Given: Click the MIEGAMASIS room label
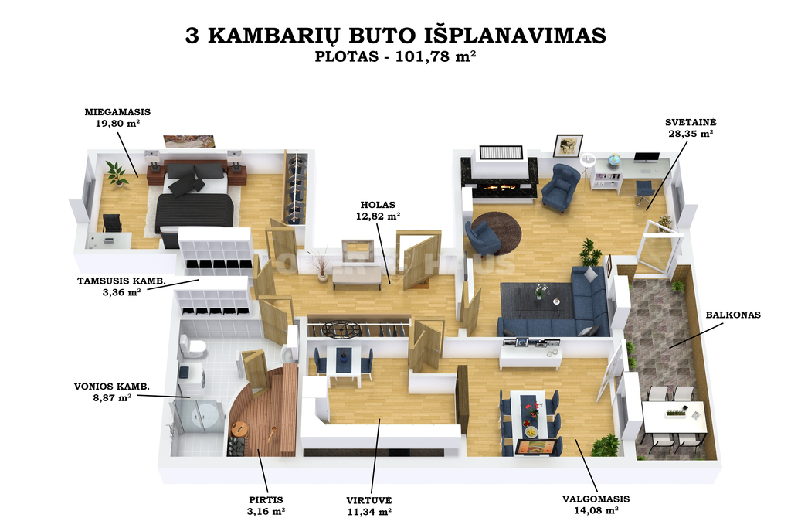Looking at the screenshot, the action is (x=117, y=112).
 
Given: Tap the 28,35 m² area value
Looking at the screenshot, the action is (x=691, y=133).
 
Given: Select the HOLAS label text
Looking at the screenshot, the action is (x=378, y=204).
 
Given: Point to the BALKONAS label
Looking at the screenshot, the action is (x=733, y=315).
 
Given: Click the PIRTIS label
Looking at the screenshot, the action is (x=266, y=499).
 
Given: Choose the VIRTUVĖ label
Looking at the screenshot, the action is (x=368, y=499).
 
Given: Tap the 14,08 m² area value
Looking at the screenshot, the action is (x=596, y=510).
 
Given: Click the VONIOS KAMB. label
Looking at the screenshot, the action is (x=112, y=387).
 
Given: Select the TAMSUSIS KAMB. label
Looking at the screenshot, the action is (x=121, y=281).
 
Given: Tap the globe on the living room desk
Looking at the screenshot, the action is (x=613, y=161).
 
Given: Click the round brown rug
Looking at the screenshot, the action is (x=497, y=233).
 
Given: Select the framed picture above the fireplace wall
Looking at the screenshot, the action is (x=568, y=146).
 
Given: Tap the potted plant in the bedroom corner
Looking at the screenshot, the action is (x=117, y=174).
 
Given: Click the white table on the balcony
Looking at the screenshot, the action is (x=674, y=417).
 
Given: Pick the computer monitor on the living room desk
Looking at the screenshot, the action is (x=647, y=157).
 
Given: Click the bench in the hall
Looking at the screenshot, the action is (x=357, y=277).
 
